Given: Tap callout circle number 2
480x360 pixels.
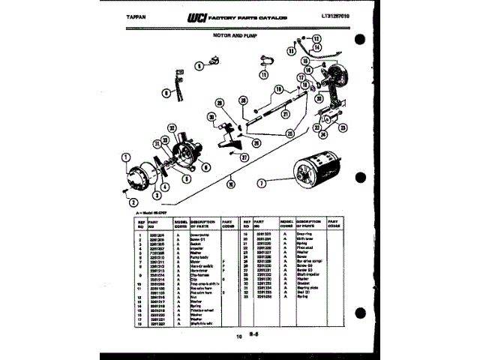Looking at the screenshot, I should pyautogui.click(x=133, y=202).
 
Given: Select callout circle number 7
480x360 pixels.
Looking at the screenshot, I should pyautogui.click(x=262, y=183).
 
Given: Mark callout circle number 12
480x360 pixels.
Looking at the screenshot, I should pyautogui.click(x=316, y=38).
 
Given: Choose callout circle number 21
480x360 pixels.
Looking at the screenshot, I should pyautogui.click(x=286, y=114).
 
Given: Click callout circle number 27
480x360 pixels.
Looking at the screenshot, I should pyautogui.click(x=244, y=157).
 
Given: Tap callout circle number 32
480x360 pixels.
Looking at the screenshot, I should pyautogui.click(x=172, y=128).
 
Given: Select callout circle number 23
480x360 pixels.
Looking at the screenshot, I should pyautogui.click(x=340, y=129).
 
